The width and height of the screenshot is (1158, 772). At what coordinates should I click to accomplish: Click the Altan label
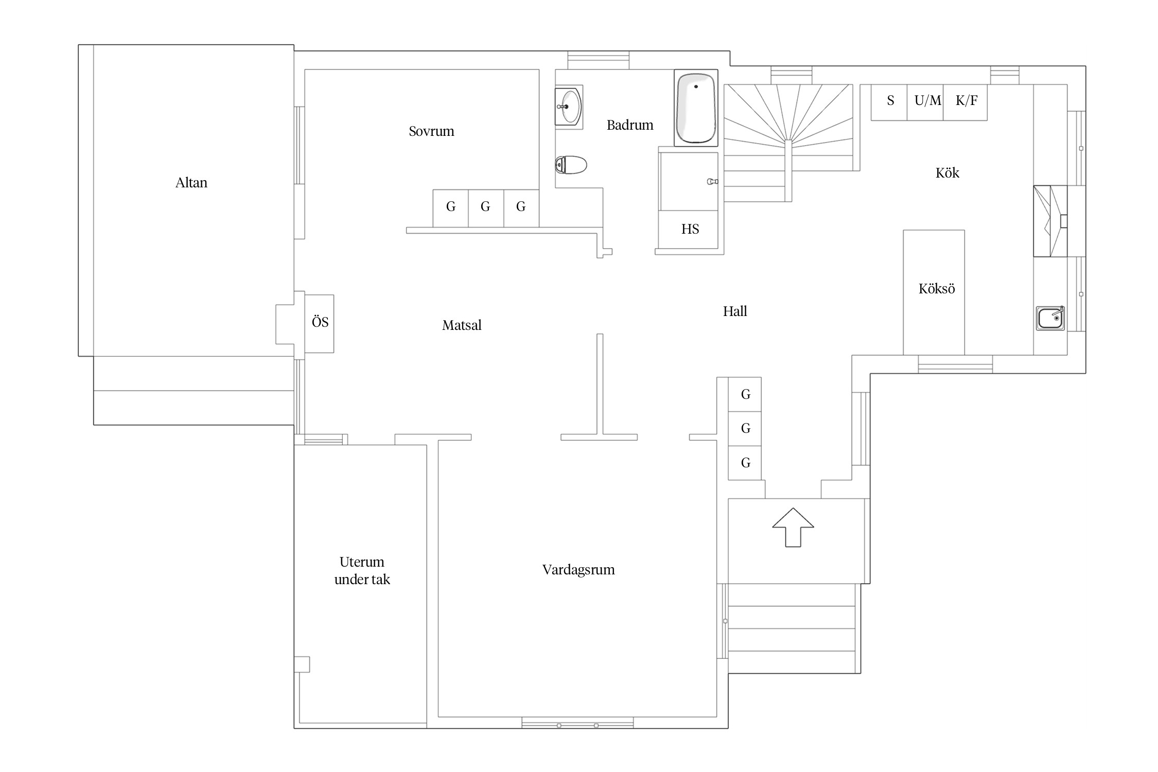coord(191,183)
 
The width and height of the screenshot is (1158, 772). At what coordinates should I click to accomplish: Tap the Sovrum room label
coord(431,131)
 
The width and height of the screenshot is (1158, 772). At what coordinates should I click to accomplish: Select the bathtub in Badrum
coord(696,108)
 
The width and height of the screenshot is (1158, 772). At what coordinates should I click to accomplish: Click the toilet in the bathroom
coord(571,165)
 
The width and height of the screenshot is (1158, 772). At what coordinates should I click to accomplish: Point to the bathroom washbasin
coord(568,107)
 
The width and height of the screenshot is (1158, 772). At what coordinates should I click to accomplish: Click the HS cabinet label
coord(690,229)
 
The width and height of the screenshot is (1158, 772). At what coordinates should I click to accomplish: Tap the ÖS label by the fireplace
coord(320,322)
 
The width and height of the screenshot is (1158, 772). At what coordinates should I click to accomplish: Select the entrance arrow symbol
coord(793,528)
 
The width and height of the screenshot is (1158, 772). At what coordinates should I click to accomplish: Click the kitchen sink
coord(1050,319)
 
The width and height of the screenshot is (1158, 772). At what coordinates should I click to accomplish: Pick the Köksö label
coord(936,289)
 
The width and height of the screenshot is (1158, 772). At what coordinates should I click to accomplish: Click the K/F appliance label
coord(966,100)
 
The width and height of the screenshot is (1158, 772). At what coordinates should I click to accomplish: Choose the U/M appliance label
coord(927,100)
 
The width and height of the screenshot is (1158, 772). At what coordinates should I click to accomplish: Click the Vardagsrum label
coord(578,570)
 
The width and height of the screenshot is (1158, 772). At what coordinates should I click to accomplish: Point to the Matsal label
coord(462,325)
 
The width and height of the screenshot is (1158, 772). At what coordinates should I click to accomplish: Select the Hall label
coord(735,311)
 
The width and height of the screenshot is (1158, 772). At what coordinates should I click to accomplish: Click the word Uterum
coord(362,562)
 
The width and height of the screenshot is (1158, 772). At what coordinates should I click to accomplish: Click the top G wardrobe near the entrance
coord(745,394)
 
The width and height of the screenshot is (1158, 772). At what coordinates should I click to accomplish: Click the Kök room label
coord(947,173)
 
